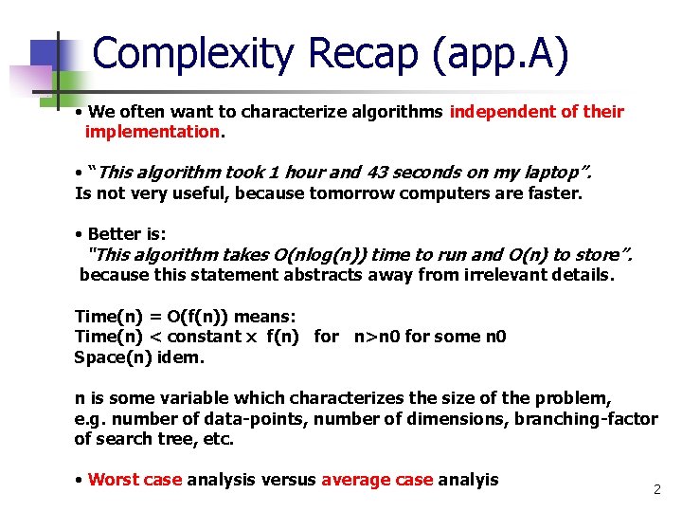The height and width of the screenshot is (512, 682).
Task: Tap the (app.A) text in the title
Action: click(501, 54)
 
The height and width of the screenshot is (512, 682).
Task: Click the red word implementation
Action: click(153, 132)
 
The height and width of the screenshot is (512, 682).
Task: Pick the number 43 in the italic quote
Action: click(313, 173)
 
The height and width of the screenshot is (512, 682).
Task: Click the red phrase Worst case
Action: click(135, 480)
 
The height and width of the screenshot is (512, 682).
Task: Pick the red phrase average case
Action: click(377, 480)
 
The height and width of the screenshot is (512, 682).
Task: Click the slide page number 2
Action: click(656, 489)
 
